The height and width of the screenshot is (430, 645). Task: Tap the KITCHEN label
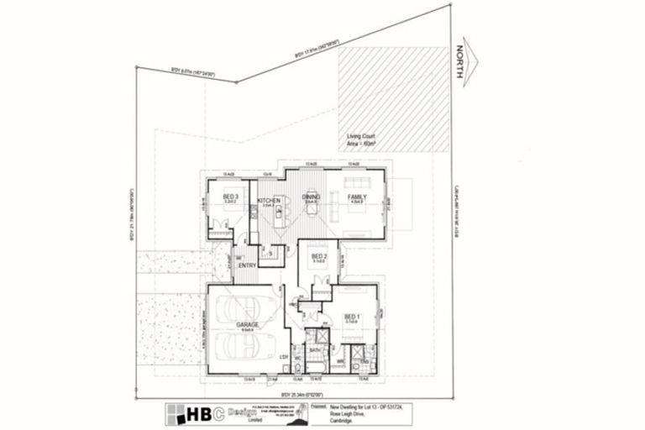click(x=269, y=199)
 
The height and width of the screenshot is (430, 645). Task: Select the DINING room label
click(x=311, y=197)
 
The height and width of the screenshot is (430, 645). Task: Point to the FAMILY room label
click(x=357, y=197)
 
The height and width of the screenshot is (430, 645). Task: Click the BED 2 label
click(x=318, y=255)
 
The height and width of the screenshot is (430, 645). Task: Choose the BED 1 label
click(x=350, y=317)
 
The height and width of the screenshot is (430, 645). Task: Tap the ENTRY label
click(x=247, y=265)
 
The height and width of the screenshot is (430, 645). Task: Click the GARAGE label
click(x=247, y=324)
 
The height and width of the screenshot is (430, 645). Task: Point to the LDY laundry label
click(x=284, y=357)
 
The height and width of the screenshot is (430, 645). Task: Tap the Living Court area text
click(x=361, y=140)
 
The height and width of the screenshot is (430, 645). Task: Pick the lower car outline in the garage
click(x=249, y=345)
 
